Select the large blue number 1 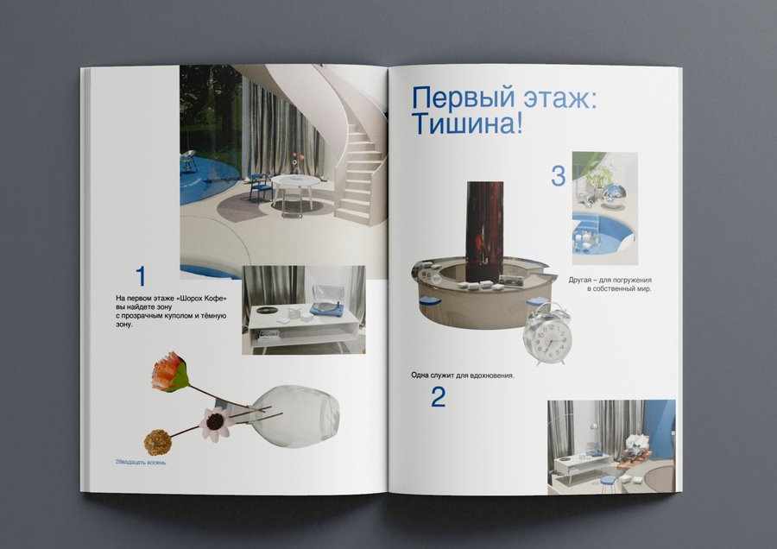click(141, 276)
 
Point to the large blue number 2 click(438, 397)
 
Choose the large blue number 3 click(559, 176)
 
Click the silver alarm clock click(547, 335)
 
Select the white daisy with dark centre click(216, 423)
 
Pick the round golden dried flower click(158, 443)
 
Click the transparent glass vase click(294, 416)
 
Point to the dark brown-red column click(483, 224)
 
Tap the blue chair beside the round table click(261, 186)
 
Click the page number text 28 click(118, 462)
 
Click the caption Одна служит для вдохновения click(463, 375)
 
